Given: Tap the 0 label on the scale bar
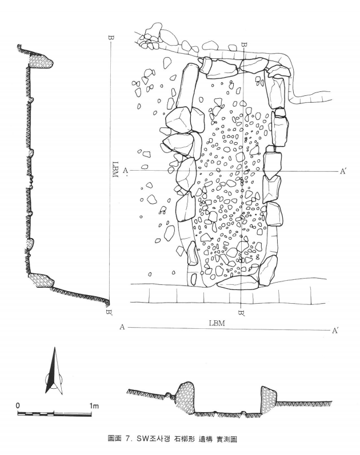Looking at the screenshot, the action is [x=18, y=405].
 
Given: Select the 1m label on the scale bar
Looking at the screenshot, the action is [x=94, y=405].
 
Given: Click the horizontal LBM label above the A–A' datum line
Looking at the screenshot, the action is [x=217, y=323].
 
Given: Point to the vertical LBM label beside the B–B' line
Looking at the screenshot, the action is [x=115, y=170].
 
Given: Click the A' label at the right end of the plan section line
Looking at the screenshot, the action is [x=343, y=171].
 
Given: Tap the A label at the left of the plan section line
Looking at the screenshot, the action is [x=126, y=170].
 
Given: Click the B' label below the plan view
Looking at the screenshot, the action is [x=241, y=313].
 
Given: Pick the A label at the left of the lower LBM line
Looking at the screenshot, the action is [x=122, y=327].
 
